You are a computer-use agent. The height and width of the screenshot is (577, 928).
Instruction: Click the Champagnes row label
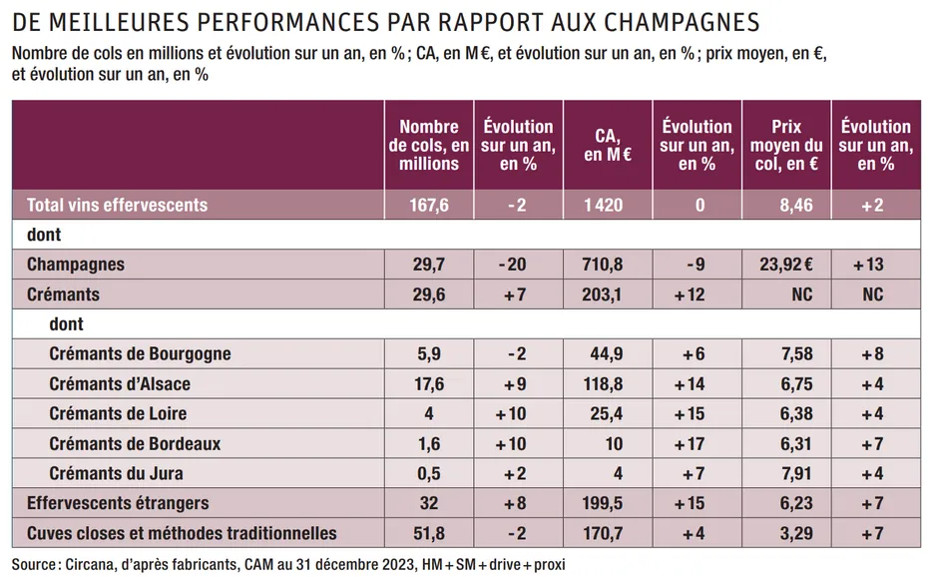tap(76, 266)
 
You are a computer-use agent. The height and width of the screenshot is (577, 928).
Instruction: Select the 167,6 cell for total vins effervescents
tap(429, 206)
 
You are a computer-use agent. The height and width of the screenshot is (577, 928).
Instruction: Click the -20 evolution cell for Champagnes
tap(518, 266)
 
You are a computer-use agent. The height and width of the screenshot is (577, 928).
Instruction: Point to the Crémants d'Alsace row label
tap(120, 384)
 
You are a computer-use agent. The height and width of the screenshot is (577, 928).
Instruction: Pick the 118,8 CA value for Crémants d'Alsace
tap(608, 384)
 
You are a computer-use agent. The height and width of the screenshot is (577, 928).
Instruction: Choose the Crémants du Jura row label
tap(116, 474)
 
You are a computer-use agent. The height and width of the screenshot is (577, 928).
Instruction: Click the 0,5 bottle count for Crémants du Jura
tap(429, 474)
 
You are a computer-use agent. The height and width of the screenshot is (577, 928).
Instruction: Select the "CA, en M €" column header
tap(608, 145)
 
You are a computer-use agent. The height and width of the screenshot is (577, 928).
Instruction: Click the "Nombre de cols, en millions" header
tap(429, 145)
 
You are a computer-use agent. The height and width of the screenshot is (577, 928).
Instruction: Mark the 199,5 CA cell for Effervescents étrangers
tap(608, 504)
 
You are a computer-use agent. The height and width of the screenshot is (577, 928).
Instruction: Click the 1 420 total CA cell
tap(608, 206)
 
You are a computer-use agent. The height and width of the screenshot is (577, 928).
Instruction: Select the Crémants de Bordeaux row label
tap(135, 444)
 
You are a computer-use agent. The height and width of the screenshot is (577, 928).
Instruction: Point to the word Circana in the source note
tap(97, 564)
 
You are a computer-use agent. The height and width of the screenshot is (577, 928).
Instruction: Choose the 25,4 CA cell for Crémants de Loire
tap(608, 414)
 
